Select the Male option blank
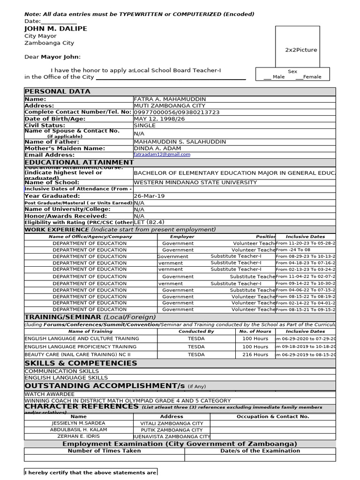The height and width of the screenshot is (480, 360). (268, 77)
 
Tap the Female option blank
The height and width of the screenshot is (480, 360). (299, 77)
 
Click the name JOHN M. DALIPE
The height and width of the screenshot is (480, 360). (56, 29)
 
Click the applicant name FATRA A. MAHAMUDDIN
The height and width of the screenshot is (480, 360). (170, 99)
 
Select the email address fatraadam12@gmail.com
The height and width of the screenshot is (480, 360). (162, 154)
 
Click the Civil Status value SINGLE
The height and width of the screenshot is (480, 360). (145, 126)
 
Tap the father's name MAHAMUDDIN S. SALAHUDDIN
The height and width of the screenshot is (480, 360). (180, 142)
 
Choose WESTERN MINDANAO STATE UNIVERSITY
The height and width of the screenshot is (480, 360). (195, 182)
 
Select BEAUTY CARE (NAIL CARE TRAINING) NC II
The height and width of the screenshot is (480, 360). (77, 355)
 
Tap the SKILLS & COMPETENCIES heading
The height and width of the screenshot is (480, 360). (81, 363)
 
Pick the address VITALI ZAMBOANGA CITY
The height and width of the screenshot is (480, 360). (172, 423)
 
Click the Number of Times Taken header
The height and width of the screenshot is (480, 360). (104, 451)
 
